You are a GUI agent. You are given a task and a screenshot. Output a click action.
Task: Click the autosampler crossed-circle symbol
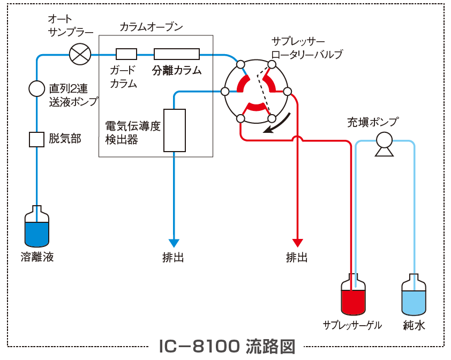coord(80,54)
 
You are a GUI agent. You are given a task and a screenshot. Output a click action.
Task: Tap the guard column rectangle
coord(126,54)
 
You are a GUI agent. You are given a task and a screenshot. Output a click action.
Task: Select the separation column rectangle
coord(177,54)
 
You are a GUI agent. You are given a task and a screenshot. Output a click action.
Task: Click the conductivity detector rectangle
coord(174,130)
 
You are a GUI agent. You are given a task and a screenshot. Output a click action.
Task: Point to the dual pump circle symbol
coord(36,88)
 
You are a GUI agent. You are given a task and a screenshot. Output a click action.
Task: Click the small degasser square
coord(36,139)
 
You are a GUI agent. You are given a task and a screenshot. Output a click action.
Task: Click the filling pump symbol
coord(383,144)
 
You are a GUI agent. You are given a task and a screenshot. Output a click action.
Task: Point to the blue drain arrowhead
coord(174,243)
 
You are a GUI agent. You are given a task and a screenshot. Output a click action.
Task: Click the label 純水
coord(414,325)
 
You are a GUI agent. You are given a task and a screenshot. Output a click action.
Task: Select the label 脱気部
coord(65,139)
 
